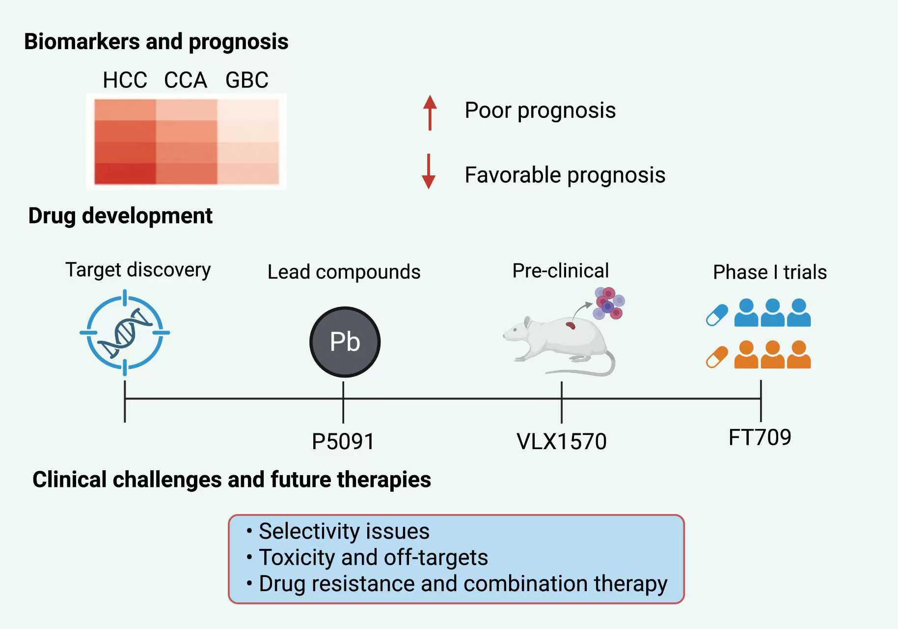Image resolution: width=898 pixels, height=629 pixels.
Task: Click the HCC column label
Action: coord(125,80)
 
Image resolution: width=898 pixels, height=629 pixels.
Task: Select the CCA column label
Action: coord(186,80)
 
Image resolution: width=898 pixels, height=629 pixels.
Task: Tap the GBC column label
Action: coord(247,80)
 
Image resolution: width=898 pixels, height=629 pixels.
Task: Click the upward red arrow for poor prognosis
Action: coord(430,113)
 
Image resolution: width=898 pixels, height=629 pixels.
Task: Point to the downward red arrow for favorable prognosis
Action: coord(429,172)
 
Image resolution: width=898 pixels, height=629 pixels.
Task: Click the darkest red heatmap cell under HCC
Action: coord(125,173)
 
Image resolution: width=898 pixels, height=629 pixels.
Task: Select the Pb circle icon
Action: coord(345,342)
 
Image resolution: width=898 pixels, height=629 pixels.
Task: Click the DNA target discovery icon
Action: coord(125,333)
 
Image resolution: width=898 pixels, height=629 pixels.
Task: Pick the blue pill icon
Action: coord(717,315)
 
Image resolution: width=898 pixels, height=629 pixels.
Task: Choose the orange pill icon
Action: coord(717,357)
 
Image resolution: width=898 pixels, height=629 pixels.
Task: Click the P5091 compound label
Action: coord(343,441)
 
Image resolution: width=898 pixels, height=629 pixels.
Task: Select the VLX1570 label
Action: coord(562,441)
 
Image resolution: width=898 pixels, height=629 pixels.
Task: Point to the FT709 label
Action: coord(760,437)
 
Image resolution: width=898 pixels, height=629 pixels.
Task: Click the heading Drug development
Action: coord(120,216)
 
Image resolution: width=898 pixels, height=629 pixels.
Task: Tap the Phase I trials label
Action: coord(770,272)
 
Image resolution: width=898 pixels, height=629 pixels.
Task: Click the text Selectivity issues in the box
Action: coord(344,531)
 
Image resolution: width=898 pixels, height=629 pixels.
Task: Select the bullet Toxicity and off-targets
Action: coord(367,558)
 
